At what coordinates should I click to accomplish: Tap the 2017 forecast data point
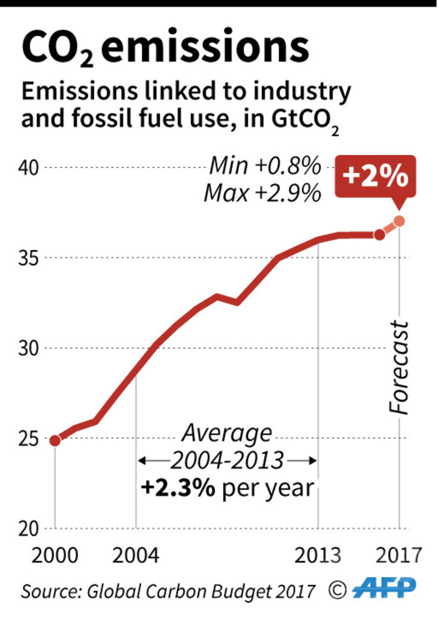coord(399,221)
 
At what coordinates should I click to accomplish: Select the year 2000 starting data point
coord(55,440)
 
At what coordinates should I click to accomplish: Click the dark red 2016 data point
coord(379,235)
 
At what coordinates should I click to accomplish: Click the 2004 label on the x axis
coord(136,555)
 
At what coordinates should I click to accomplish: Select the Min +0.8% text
coord(264,165)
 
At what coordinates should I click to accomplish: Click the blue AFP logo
coord(384,587)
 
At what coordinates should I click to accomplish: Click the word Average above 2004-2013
coord(227,434)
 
